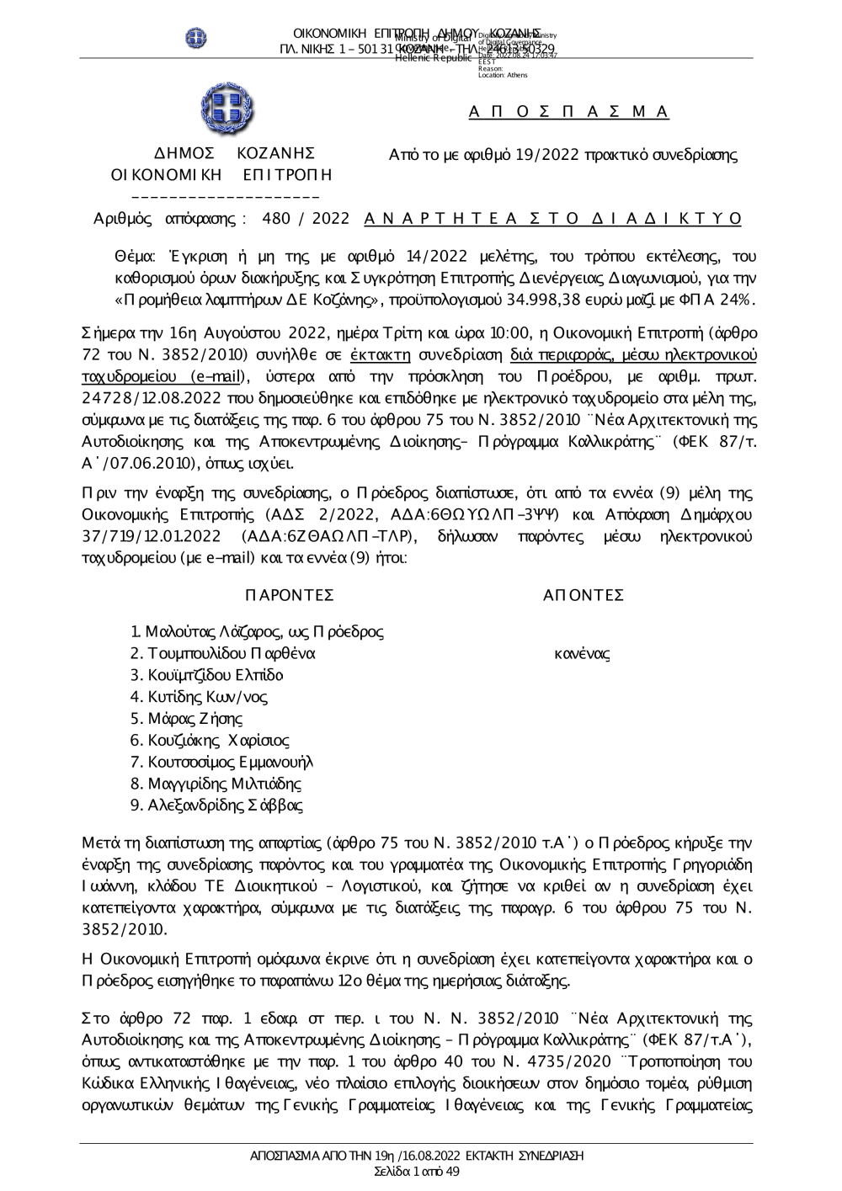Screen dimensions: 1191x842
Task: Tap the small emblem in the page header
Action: (196, 37)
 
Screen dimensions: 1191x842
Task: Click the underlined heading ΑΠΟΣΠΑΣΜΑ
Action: (568, 112)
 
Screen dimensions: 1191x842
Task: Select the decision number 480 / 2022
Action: (306, 219)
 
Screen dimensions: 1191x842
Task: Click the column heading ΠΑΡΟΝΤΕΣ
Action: (289, 596)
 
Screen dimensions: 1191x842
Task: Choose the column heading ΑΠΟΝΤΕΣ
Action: (584, 596)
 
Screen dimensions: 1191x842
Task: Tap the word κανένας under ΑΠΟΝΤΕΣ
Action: (583, 653)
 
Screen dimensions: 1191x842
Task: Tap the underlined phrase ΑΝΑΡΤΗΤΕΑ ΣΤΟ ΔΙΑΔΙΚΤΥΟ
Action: (552, 219)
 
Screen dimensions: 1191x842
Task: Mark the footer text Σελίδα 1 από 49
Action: (417, 1171)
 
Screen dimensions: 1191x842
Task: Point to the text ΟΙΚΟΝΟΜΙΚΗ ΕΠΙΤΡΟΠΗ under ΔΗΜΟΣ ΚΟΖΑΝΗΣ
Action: (222, 174)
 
